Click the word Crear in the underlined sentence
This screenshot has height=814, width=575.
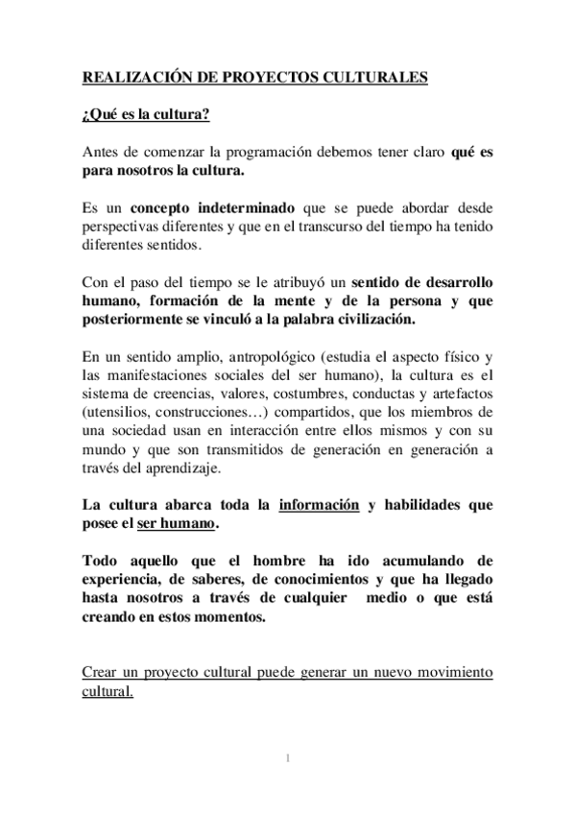[x=101, y=672]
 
